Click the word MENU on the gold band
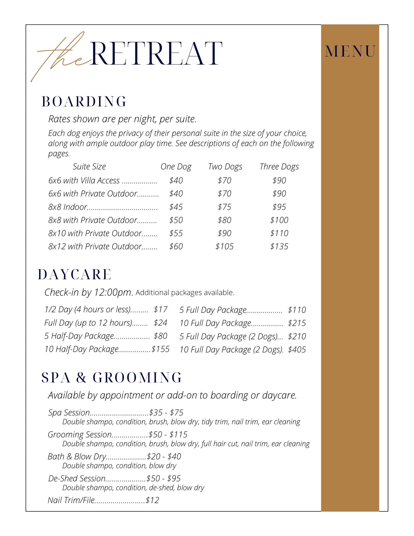(350, 51)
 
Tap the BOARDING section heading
(84, 102)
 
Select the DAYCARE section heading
(75, 275)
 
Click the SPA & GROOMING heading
(112, 378)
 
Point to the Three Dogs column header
(279, 167)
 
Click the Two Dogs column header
(225, 167)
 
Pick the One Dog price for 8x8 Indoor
(176, 207)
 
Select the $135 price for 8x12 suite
(279, 246)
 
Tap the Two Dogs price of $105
(224, 246)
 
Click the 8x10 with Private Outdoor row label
(95, 233)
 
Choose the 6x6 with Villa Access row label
(84, 181)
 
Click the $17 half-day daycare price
(160, 310)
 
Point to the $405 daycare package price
(297, 349)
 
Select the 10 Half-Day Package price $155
(160, 349)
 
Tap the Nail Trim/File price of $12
(152, 500)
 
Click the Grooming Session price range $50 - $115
(168, 434)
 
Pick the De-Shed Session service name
(77, 478)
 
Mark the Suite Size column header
(89, 167)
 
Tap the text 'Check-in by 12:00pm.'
(89, 292)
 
